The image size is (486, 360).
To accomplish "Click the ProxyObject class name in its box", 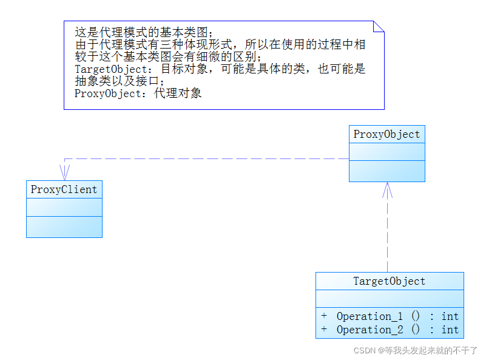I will tap(386, 135).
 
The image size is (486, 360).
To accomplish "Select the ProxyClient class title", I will tap(64, 189).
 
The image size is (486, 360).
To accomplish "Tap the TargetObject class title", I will tap(389, 281).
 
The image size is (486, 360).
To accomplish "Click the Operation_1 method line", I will tap(390, 316).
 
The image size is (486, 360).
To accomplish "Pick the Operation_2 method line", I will tap(390, 330).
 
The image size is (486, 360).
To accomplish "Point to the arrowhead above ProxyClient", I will tap(64, 172).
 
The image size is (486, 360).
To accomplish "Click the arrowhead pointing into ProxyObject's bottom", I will tap(387, 189).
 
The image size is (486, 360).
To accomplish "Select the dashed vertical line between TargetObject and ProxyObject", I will tap(387, 237).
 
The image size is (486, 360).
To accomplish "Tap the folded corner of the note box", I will tap(379, 26).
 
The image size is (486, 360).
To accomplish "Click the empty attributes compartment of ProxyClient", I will tap(64, 207).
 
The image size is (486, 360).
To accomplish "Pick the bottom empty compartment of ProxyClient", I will tap(64, 226).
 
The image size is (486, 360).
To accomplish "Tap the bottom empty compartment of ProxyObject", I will tap(386, 171).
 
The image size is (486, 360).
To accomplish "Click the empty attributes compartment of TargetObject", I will tap(389, 299).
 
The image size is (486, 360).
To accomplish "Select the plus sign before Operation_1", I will tap(324, 316).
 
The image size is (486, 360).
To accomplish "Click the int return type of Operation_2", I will tap(450, 330).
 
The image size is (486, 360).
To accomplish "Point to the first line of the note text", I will tap(144, 32).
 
